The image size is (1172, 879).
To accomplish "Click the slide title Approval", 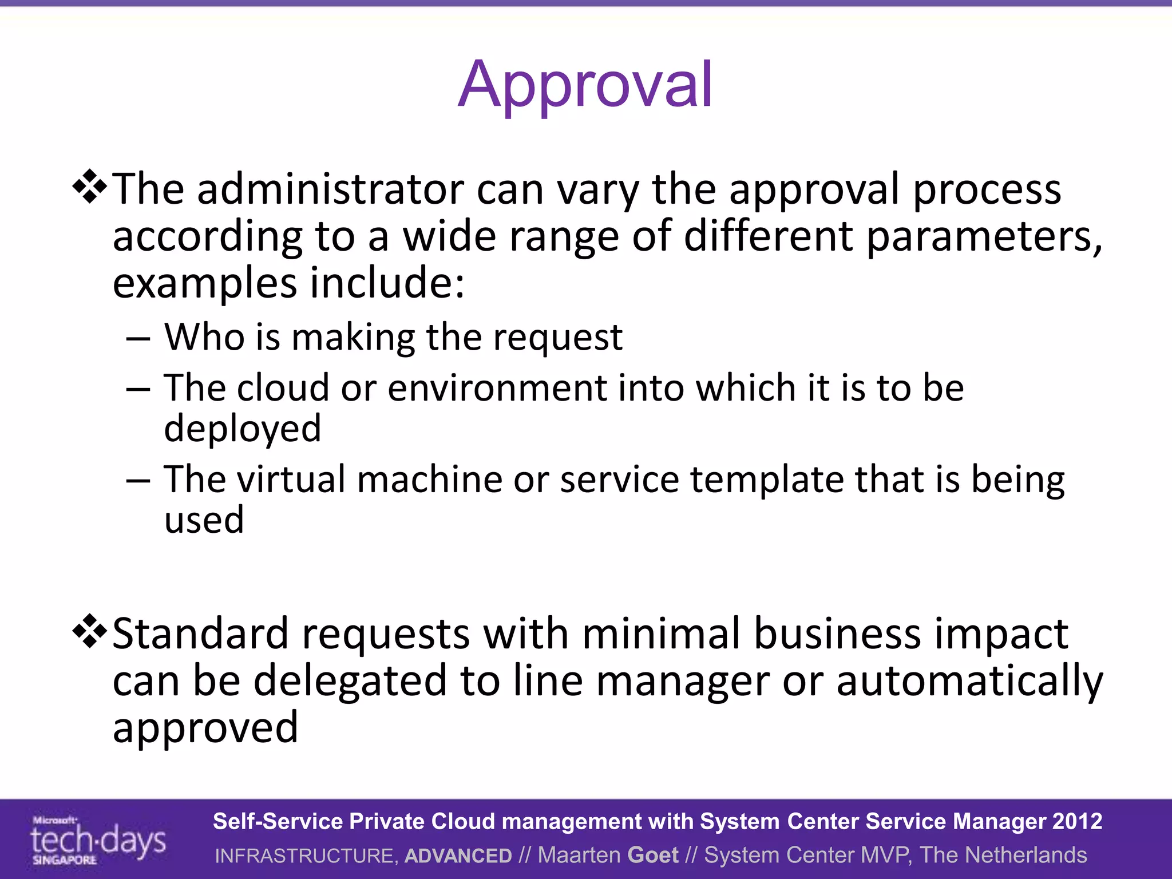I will [585, 86].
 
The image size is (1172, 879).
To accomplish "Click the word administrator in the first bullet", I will [330, 189].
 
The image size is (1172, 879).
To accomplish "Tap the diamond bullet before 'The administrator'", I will [90, 187].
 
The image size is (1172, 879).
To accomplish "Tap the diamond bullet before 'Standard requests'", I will [90, 631].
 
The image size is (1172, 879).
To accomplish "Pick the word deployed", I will [243, 429].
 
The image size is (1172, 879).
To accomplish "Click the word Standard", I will [201, 634].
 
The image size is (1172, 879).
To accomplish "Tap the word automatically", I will [969, 681].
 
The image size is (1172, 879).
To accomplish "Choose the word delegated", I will [350, 681].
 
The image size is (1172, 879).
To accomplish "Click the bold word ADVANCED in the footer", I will [458, 856].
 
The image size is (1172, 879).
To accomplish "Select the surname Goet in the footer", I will [653, 855].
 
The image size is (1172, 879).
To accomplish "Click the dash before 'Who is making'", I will [138, 339].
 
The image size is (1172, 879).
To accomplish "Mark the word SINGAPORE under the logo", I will [64, 860].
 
